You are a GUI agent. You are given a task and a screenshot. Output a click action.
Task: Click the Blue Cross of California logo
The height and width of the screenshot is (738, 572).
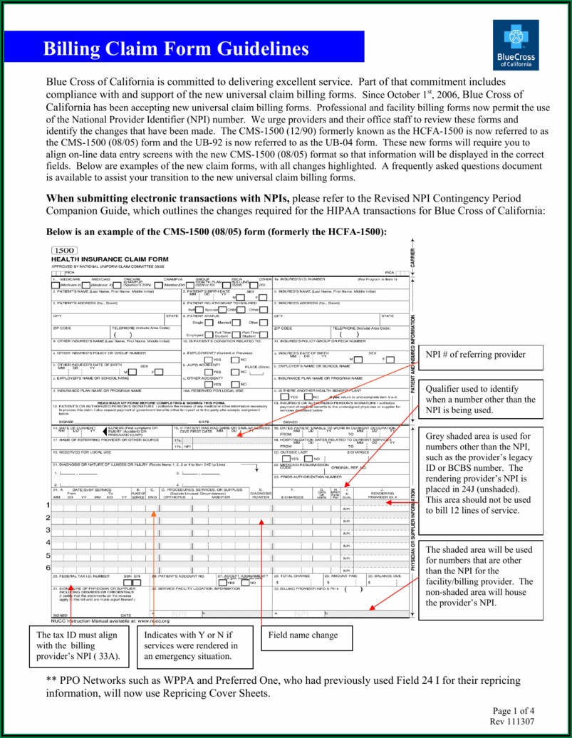(x=516, y=45)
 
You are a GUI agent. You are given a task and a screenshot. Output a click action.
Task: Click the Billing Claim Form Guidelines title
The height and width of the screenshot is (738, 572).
(x=176, y=48)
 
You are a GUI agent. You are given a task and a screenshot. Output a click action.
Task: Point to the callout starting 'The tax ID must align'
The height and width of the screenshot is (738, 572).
(x=78, y=645)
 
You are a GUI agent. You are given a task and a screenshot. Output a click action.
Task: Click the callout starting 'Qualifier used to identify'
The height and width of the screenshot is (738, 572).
(x=480, y=400)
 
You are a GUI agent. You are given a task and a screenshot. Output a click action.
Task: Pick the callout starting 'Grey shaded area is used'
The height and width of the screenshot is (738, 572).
(x=480, y=472)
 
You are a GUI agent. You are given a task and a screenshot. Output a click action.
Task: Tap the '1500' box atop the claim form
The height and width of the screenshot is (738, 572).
(x=65, y=251)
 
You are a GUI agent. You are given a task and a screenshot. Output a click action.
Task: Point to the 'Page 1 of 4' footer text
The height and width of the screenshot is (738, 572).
(x=512, y=710)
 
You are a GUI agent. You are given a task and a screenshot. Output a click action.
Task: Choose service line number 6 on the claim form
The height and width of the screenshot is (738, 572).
(x=47, y=568)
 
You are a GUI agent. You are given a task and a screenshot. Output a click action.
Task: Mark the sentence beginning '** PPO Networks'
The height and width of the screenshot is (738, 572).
(x=283, y=686)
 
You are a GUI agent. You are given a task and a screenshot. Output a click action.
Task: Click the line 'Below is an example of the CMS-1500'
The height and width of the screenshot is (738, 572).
(x=216, y=232)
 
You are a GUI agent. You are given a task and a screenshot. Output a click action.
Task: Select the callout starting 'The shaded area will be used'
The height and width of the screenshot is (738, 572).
(x=480, y=576)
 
